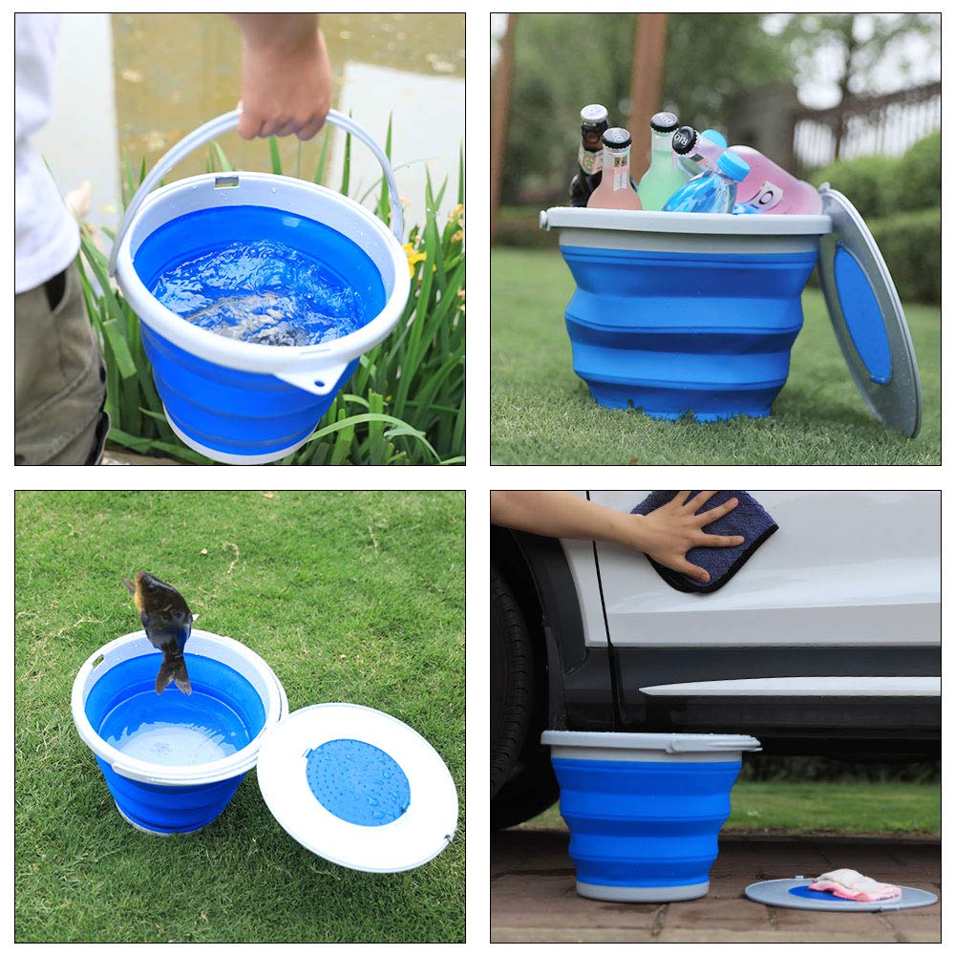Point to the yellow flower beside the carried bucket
coord(414,256)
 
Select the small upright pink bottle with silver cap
coord(615,172)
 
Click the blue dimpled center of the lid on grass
coord(357,782)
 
